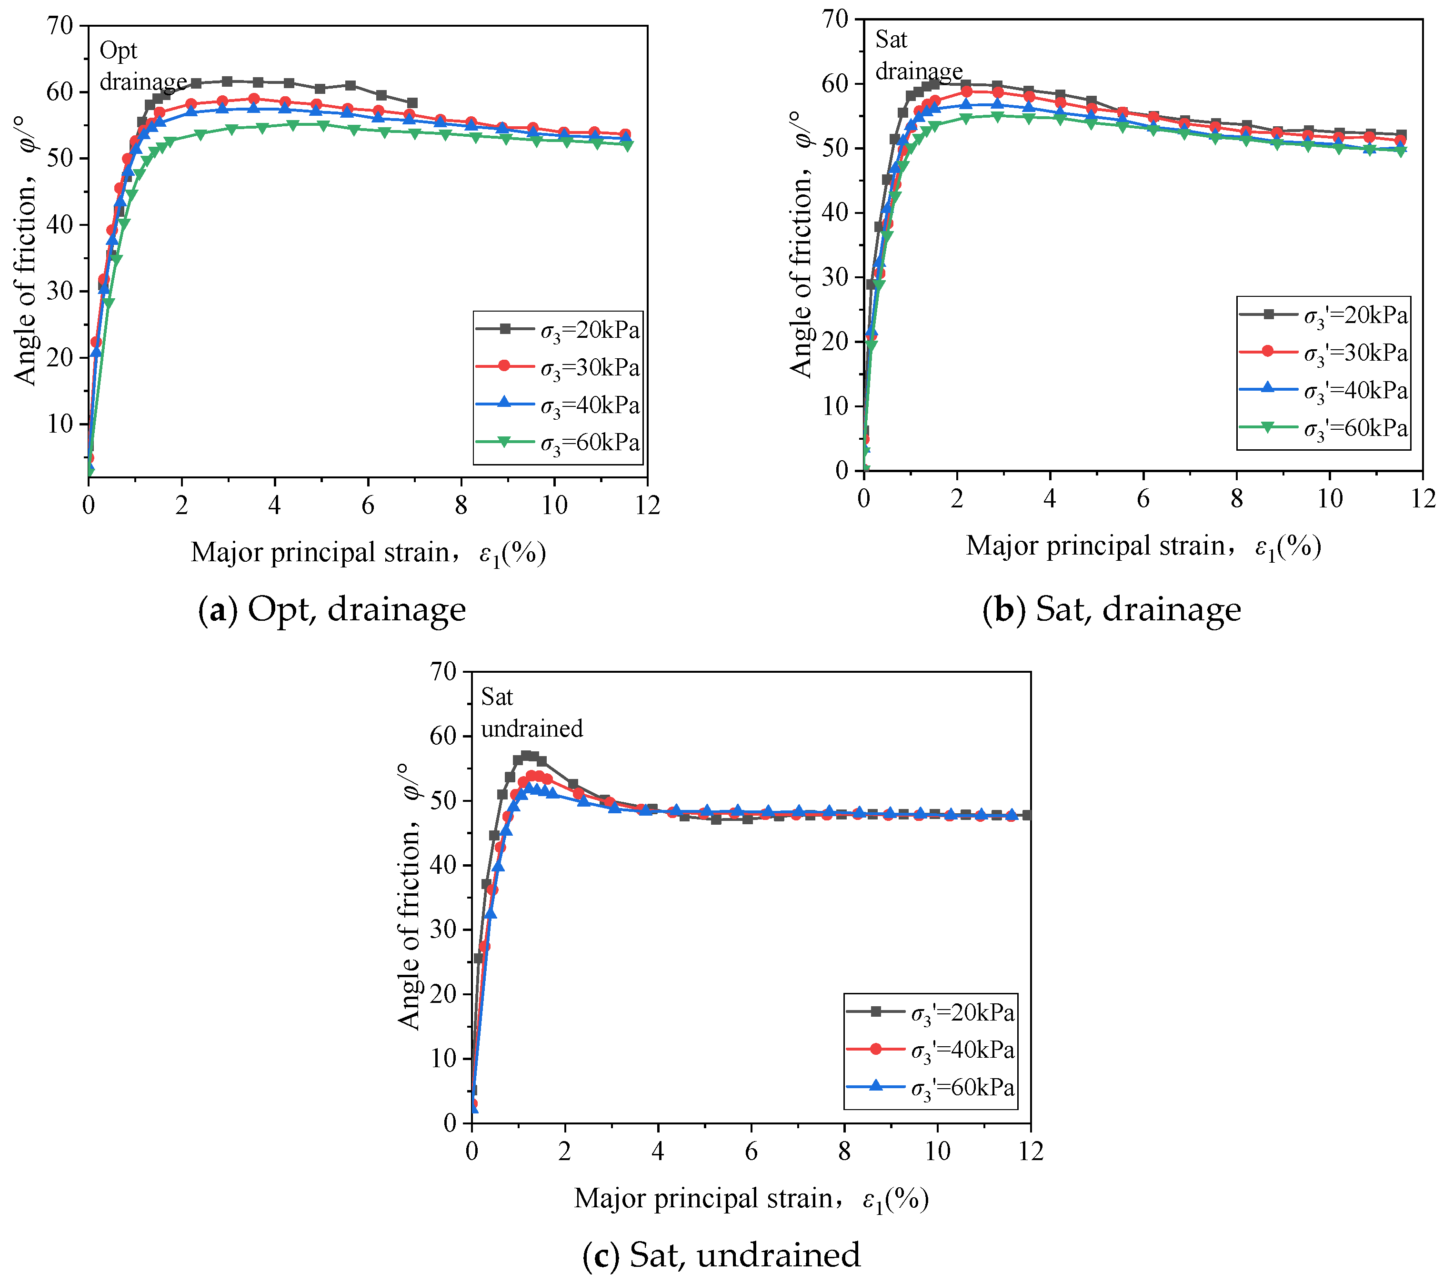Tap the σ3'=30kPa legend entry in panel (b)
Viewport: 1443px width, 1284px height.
[x=1323, y=353]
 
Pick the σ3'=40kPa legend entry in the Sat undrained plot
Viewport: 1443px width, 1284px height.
[x=931, y=1050]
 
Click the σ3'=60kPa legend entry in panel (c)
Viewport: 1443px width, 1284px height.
[x=931, y=1088]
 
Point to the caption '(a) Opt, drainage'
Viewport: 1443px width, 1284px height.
[x=332, y=609]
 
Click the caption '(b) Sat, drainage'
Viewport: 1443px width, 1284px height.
[x=1112, y=609]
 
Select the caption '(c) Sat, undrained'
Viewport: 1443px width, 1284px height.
[x=721, y=1255]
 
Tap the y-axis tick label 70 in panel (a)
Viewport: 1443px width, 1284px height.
[x=60, y=26]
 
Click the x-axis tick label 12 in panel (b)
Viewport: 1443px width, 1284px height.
[x=1423, y=499]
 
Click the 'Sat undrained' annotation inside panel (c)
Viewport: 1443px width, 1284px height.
[x=531, y=713]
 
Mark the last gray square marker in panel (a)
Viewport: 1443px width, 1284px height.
[x=412, y=103]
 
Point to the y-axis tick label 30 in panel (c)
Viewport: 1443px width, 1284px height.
[x=444, y=930]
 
